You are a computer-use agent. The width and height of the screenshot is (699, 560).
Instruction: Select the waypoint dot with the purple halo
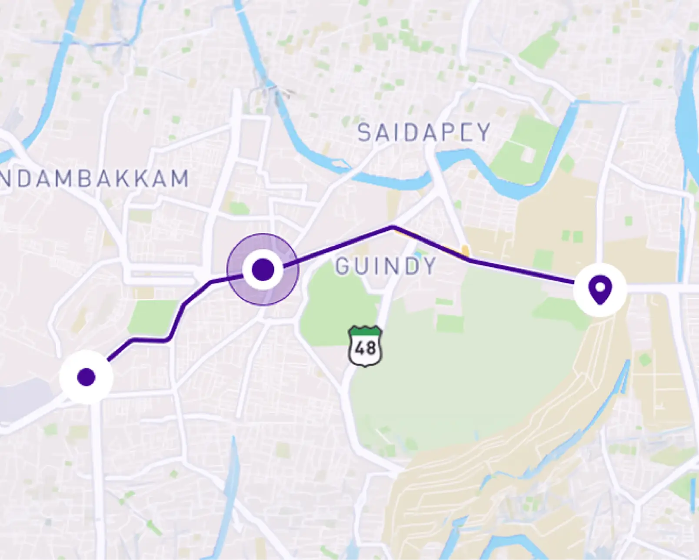coord(263,269)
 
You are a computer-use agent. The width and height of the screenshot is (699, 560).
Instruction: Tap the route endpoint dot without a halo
coord(86,377)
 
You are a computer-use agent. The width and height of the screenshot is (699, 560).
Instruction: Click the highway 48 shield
coord(365,346)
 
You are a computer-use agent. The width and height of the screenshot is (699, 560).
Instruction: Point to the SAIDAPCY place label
coord(424,133)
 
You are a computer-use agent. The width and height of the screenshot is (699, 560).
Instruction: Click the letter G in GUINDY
coord(343,266)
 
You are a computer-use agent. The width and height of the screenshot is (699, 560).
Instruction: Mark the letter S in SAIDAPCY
coord(364,133)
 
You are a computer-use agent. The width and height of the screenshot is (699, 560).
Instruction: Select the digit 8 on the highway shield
coord(371,349)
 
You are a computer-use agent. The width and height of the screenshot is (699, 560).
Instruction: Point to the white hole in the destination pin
coord(600,287)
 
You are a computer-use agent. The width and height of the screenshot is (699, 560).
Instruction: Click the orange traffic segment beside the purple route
coord(465,251)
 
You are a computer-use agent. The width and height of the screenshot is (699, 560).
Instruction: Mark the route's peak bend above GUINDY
coord(393,227)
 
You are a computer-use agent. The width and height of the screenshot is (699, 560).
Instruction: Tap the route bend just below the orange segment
coord(469,260)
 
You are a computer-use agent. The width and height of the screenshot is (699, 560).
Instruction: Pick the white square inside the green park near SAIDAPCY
coord(528,155)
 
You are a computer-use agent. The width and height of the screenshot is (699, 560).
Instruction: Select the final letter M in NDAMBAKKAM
coord(180,179)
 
